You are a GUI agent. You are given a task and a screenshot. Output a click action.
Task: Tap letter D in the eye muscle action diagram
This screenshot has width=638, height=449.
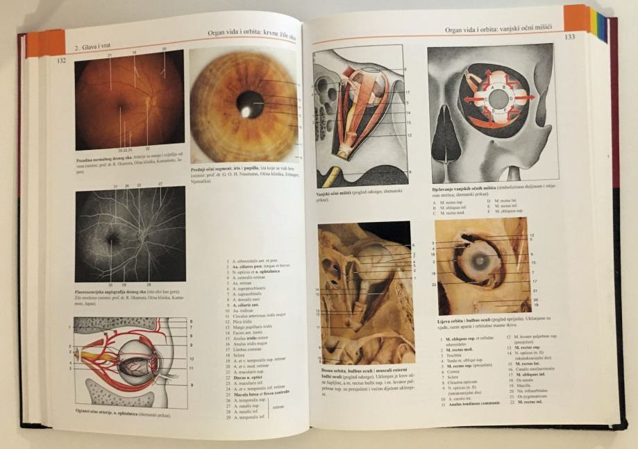click(x=511, y=98)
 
